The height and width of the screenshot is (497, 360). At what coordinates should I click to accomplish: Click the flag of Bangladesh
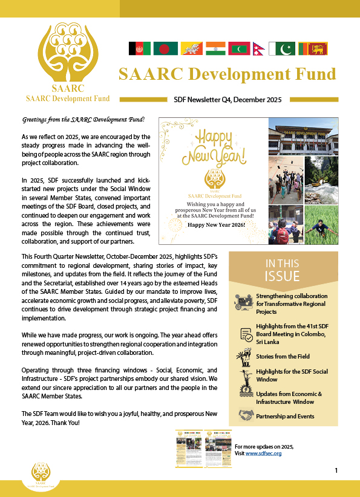pos(163,48)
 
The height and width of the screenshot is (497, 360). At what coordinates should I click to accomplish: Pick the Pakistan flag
pos(282,48)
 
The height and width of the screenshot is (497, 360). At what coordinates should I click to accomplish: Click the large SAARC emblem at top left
pos(71,52)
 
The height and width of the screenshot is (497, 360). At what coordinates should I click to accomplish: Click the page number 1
pos(336,470)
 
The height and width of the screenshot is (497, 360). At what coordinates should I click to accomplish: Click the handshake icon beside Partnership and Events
pos(246,415)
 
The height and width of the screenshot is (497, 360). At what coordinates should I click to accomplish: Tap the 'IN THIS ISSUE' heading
pos(283,270)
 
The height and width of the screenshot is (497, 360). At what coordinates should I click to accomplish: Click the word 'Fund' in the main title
pos(312,74)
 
